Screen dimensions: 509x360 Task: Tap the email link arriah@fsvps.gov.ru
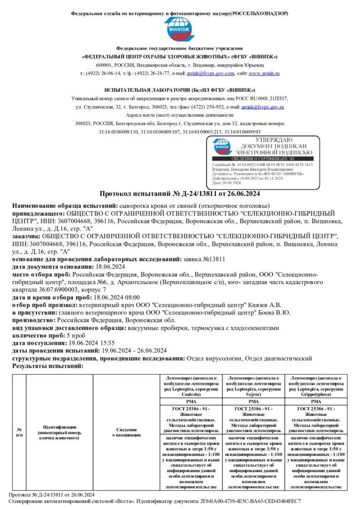pos(262,107)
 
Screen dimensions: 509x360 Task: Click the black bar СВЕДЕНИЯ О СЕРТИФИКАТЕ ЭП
pos(262,159)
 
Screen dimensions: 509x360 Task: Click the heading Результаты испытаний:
pos(47,366)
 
